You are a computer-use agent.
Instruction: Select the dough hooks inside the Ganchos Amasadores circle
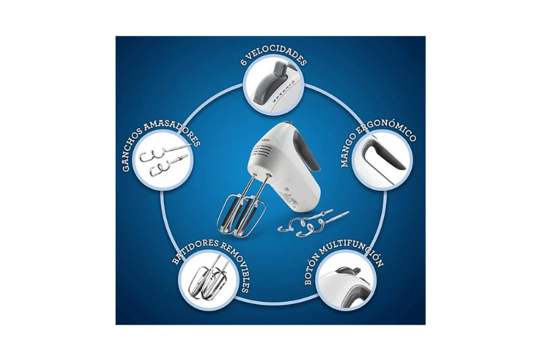[x=163, y=160]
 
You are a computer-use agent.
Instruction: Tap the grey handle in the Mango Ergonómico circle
[x=383, y=156]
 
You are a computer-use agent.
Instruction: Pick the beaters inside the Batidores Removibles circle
[x=206, y=279]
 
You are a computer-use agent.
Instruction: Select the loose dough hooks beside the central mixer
[x=312, y=223]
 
